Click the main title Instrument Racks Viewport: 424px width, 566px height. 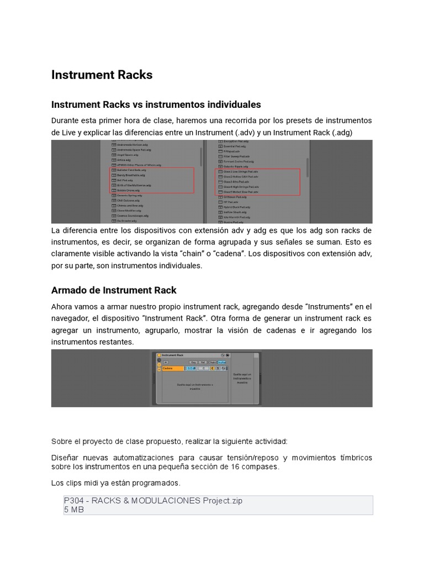click(102, 75)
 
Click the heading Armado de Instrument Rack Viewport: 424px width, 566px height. click(114, 290)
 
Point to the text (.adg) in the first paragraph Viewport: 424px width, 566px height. click(340, 133)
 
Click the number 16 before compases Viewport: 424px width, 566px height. click(239, 467)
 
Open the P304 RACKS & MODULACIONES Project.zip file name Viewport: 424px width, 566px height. click(153, 501)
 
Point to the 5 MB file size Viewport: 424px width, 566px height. click(74, 510)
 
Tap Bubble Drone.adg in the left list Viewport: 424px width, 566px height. click(128, 190)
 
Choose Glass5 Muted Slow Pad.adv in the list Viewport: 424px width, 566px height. click(241, 192)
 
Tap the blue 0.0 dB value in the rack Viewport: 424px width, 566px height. click(191, 368)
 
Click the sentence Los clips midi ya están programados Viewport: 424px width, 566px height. click(115, 484)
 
